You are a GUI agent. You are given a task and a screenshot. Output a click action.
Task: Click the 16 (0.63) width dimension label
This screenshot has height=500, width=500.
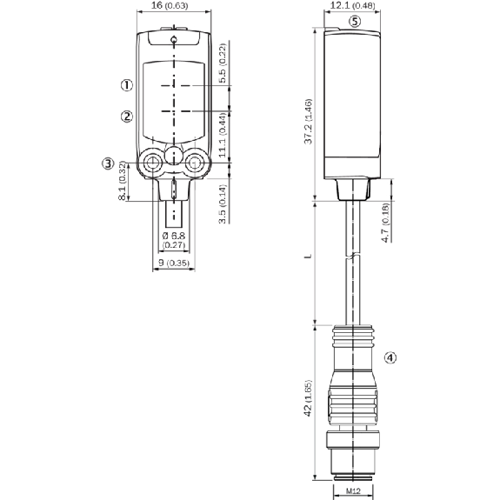pos(169,5)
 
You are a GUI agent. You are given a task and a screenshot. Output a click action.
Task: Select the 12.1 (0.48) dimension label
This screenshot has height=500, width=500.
pos(352,5)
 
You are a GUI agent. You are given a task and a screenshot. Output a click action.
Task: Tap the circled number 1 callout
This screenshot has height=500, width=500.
pos(127,85)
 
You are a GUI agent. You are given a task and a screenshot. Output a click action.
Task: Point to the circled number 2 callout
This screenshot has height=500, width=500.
pos(127,116)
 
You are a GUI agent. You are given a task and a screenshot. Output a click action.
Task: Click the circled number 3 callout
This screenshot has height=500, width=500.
pos(108,163)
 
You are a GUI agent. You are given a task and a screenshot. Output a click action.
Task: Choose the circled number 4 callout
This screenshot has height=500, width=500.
pos(390,357)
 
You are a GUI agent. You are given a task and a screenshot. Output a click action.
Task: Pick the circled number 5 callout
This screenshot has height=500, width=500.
pos(354,22)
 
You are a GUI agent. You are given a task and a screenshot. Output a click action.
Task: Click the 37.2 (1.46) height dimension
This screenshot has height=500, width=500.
pos(308,122)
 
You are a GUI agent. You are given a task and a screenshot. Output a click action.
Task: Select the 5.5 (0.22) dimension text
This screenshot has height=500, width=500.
pos(223,63)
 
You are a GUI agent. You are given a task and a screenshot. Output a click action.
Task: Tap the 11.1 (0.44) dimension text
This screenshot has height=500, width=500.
pos(223,135)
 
